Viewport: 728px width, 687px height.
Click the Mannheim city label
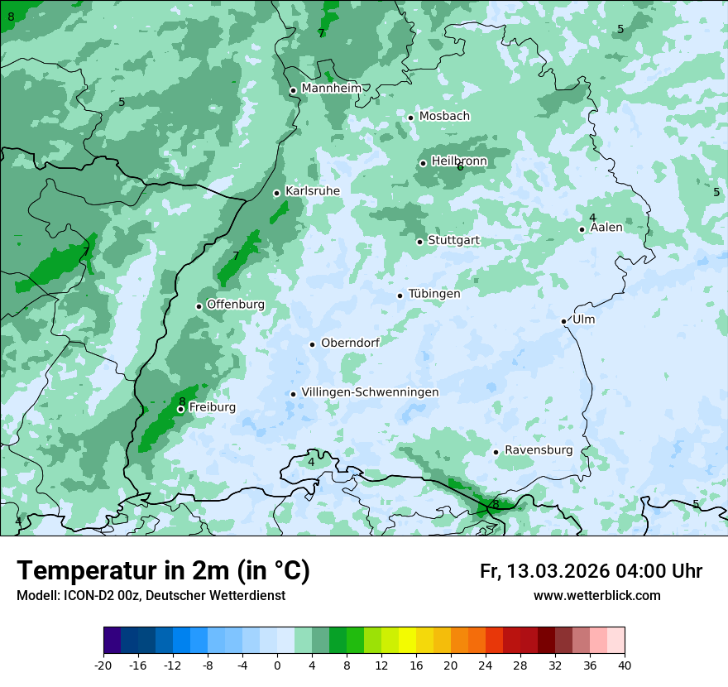coord(331,89)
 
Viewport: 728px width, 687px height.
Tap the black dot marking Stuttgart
coord(419,242)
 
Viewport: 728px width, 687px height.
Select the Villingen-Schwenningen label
coord(370,392)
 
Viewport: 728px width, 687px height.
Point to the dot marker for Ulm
coord(564,321)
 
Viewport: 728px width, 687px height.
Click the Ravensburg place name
coord(538,450)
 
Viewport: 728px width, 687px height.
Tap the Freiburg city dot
coord(180,409)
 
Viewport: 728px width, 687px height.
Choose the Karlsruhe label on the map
coord(312,191)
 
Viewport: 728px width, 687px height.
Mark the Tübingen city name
coord(433,294)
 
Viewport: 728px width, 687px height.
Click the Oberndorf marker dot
coord(312,344)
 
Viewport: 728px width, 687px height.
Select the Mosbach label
coord(443,117)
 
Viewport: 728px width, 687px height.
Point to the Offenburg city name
coord(235,305)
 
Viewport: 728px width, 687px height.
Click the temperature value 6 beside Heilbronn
coord(460,167)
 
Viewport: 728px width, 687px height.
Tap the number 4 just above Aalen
coord(592,218)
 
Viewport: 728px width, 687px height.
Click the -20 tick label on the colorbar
coord(103,665)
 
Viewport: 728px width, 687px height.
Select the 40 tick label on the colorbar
coord(625,665)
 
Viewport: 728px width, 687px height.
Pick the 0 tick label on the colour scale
coord(277,665)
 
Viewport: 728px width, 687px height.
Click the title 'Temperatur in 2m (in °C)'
coord(163,571)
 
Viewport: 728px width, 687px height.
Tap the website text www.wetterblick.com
coord(596,596)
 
